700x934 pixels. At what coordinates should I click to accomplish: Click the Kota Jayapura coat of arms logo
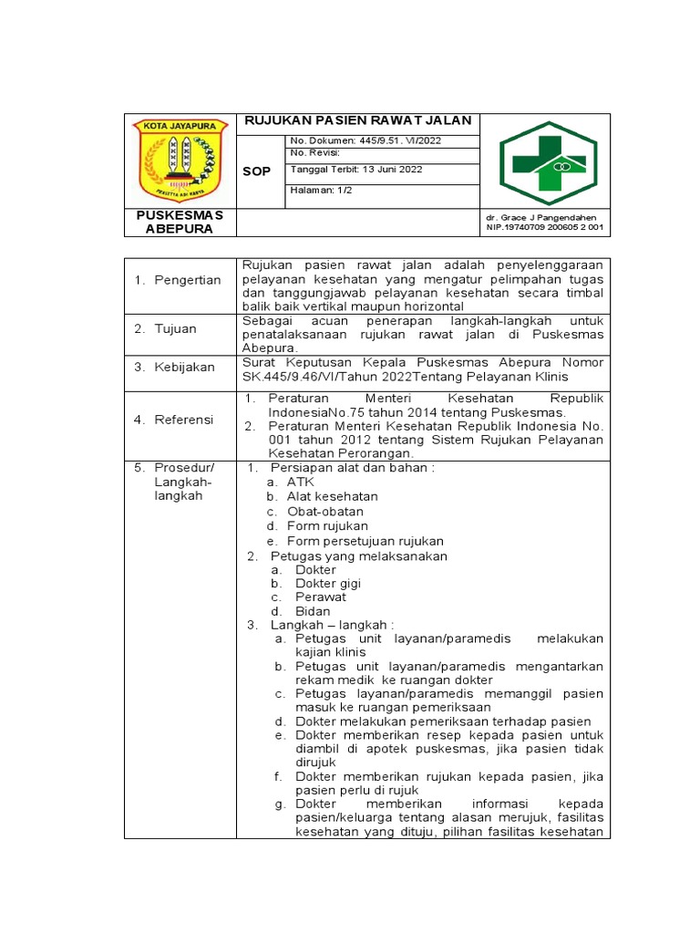tap(180, 161)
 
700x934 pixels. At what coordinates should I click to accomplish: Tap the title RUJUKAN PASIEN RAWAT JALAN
tap(356, 121)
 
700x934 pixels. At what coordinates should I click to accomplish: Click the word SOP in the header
tap(256, 171)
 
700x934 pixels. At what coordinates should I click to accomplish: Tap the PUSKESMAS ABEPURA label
tap(180, 222)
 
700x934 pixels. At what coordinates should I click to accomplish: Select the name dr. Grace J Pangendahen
tap(540, 217)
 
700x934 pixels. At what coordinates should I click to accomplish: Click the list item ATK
tap(300, 482)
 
